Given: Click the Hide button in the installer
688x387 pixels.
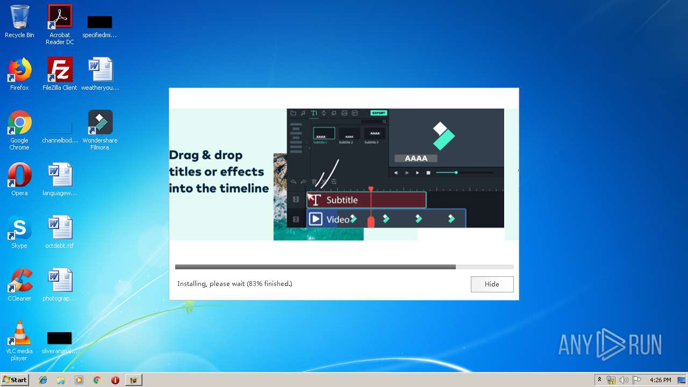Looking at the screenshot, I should pyautogui.click(x=492, y=284).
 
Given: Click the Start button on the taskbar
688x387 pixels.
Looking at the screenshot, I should pyautogui.click(x=15, y=380).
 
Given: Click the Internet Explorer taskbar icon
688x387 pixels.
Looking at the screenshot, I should pyautogui.click(x=43, y=380).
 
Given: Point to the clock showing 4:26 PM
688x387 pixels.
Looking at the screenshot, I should pyautogui.click(x=660, y=380).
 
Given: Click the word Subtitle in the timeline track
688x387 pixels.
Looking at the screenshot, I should pyautogui.click(x=342, y=200).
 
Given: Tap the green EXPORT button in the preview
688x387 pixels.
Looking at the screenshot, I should pyautogui.click(x=378, y=113).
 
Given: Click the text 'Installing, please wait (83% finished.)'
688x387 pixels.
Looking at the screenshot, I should pyautogui.click(x=235, y=284).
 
